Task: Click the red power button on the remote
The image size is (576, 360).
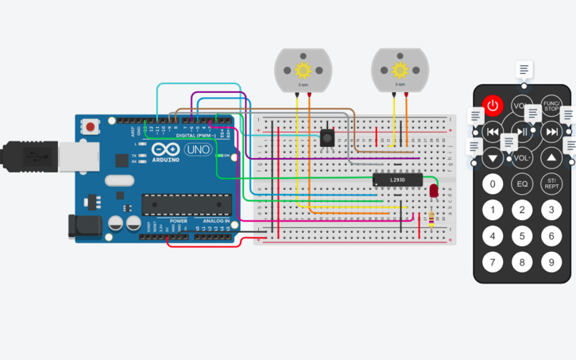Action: click(x=493, y=105)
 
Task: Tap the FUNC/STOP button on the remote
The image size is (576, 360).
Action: click(x=551, y=105)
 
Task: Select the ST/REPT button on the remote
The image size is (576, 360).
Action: click(x=551, y=184)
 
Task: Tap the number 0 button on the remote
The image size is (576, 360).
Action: click(x=493, y=184)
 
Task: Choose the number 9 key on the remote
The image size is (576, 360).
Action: click(x=551, y=261)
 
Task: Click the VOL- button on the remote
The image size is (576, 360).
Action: click(x=522, y=158)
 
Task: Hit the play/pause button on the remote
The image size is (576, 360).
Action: click(x=521, y=132)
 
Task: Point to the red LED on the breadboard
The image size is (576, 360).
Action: click(x=433, y=192)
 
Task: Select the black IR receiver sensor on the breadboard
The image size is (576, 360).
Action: click(x=326, y=137)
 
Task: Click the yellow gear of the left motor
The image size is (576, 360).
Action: click(x=302, y=69)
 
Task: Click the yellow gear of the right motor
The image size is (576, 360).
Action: click(x=400, y=69)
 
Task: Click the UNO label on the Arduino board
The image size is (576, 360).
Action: click(x=197, y=149)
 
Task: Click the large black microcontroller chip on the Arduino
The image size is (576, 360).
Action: click(x=186, y=204)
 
